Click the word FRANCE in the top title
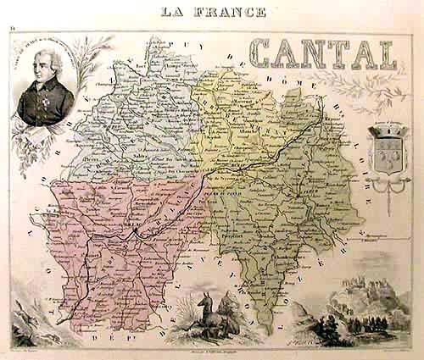(232, 12)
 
